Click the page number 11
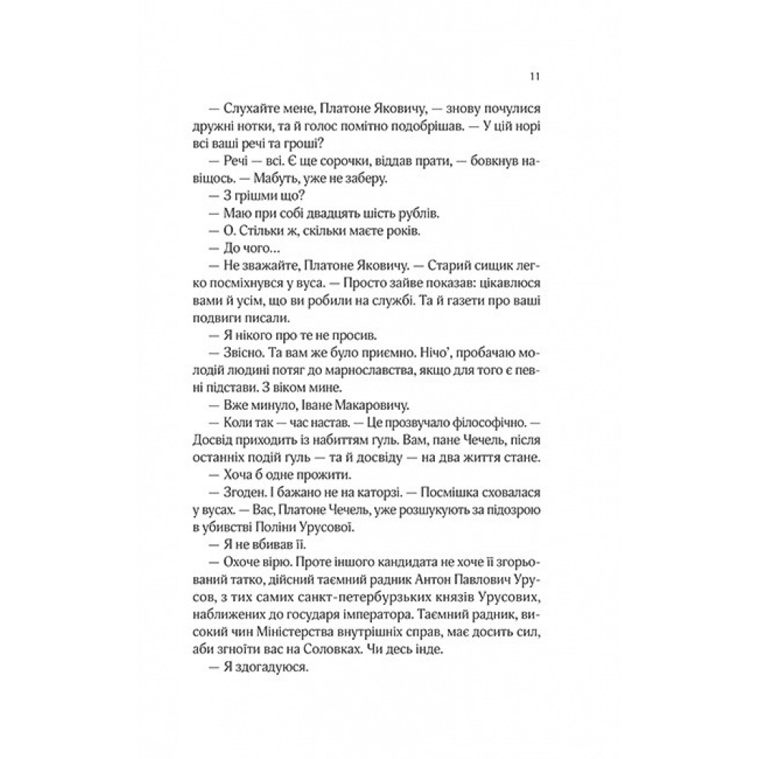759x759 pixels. coord(534,77)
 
